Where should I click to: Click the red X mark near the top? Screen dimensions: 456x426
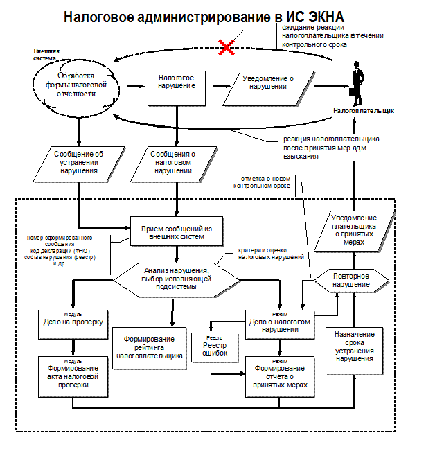click(226, 47)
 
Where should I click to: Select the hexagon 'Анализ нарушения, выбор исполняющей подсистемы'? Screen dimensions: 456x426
click(177, 277)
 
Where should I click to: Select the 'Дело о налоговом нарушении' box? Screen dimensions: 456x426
click(280, 326)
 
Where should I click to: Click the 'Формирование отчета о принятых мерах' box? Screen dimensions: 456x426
click(281, 374)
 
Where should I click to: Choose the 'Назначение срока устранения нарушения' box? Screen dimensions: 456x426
click(355, 347)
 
